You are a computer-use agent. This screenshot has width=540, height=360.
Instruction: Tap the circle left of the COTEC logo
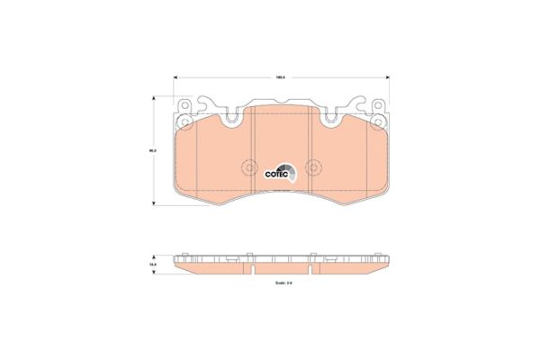pos(249,167)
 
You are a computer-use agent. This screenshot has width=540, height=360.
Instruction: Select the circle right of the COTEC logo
pos(313,167)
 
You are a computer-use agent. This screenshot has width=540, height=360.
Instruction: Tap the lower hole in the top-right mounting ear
pos(377,119)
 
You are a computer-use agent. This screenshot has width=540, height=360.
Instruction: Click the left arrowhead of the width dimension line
pos(175,77)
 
